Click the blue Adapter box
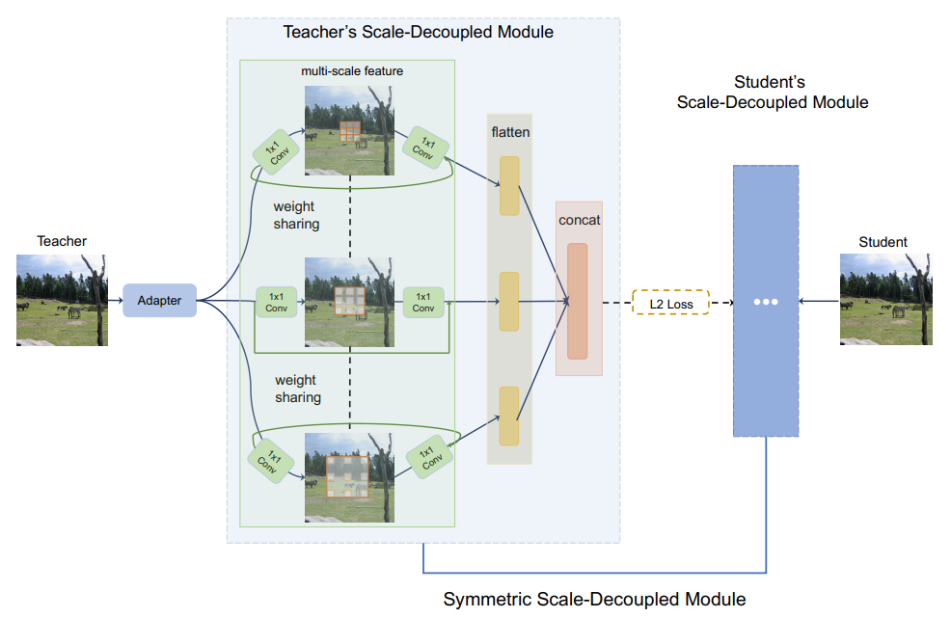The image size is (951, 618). coord(159,301)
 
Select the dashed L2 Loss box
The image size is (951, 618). coord(670,304)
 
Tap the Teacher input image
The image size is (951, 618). coord(62,300)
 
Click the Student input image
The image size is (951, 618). coord(885,300)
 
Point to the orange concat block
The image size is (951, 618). coord(577,301)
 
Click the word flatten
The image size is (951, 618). coord(510,132)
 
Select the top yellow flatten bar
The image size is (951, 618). coord(509,186)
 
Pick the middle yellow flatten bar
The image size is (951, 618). coord(509,302)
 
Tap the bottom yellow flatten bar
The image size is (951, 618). coord(509,416)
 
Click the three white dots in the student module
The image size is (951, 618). coord(765,302)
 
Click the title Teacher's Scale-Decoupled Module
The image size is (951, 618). coord(418,32)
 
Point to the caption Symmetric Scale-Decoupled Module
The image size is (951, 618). coord(594,600)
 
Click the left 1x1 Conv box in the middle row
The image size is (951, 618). coord(276,302)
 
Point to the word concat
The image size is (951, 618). coord(579,220)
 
